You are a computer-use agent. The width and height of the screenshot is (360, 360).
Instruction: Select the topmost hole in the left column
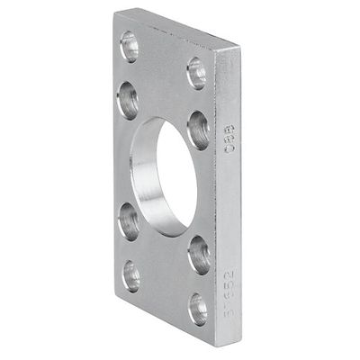[130, 45]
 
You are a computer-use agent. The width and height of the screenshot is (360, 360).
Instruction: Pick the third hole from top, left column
[130, 219]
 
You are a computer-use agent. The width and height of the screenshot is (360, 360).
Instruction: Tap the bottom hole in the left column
[131, 275]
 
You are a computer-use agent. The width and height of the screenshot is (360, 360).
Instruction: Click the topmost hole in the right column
[196, 72]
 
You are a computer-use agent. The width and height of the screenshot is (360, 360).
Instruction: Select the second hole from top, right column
[198, 129]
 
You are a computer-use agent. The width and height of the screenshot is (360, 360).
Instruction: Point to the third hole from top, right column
[198, 255]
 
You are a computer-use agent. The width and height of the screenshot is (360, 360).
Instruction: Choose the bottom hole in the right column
[198, 309]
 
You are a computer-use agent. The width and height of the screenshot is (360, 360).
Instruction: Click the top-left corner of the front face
[116, 14]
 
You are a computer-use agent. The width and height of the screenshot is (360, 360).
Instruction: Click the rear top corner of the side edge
[240, 49]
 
